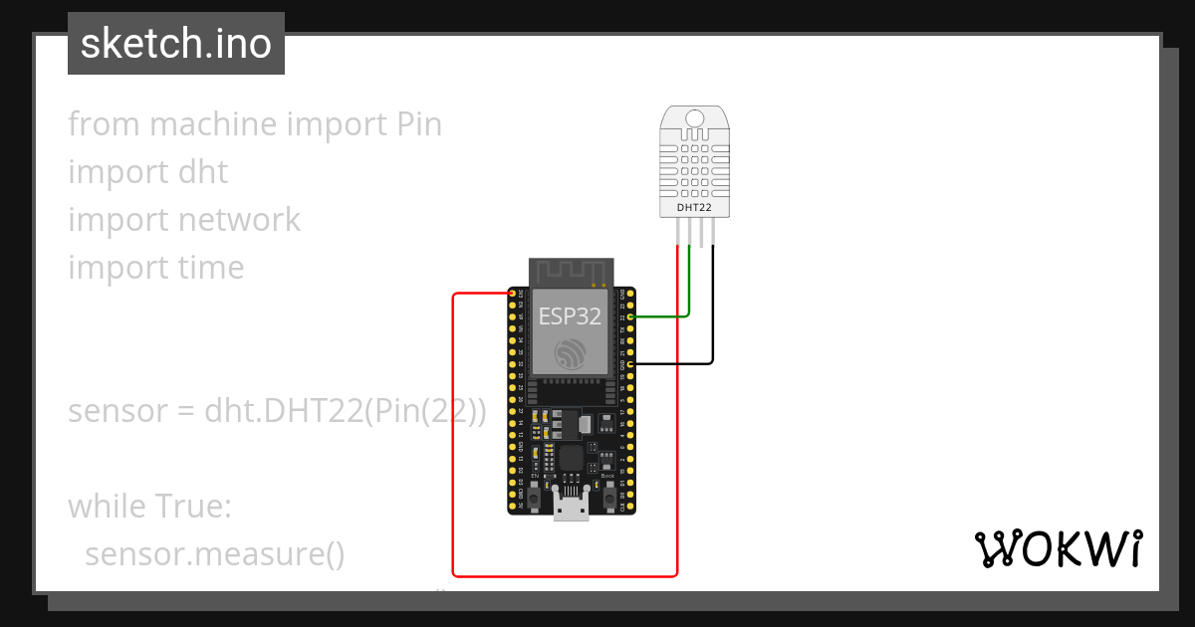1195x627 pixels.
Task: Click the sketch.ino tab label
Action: click(176, 44)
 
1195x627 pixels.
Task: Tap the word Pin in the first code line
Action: click(418, 124)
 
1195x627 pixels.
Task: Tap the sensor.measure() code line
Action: click(214, 554)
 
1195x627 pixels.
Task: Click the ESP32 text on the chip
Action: click(570, 316)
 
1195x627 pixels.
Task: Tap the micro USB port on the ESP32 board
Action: click(571, 508)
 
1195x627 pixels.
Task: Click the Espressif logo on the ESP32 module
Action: click(571, 353)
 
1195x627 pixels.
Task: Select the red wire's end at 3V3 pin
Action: click(513, 294)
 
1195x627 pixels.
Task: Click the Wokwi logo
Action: click(1058, 548)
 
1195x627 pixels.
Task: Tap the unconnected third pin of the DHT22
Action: click(702, 233)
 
